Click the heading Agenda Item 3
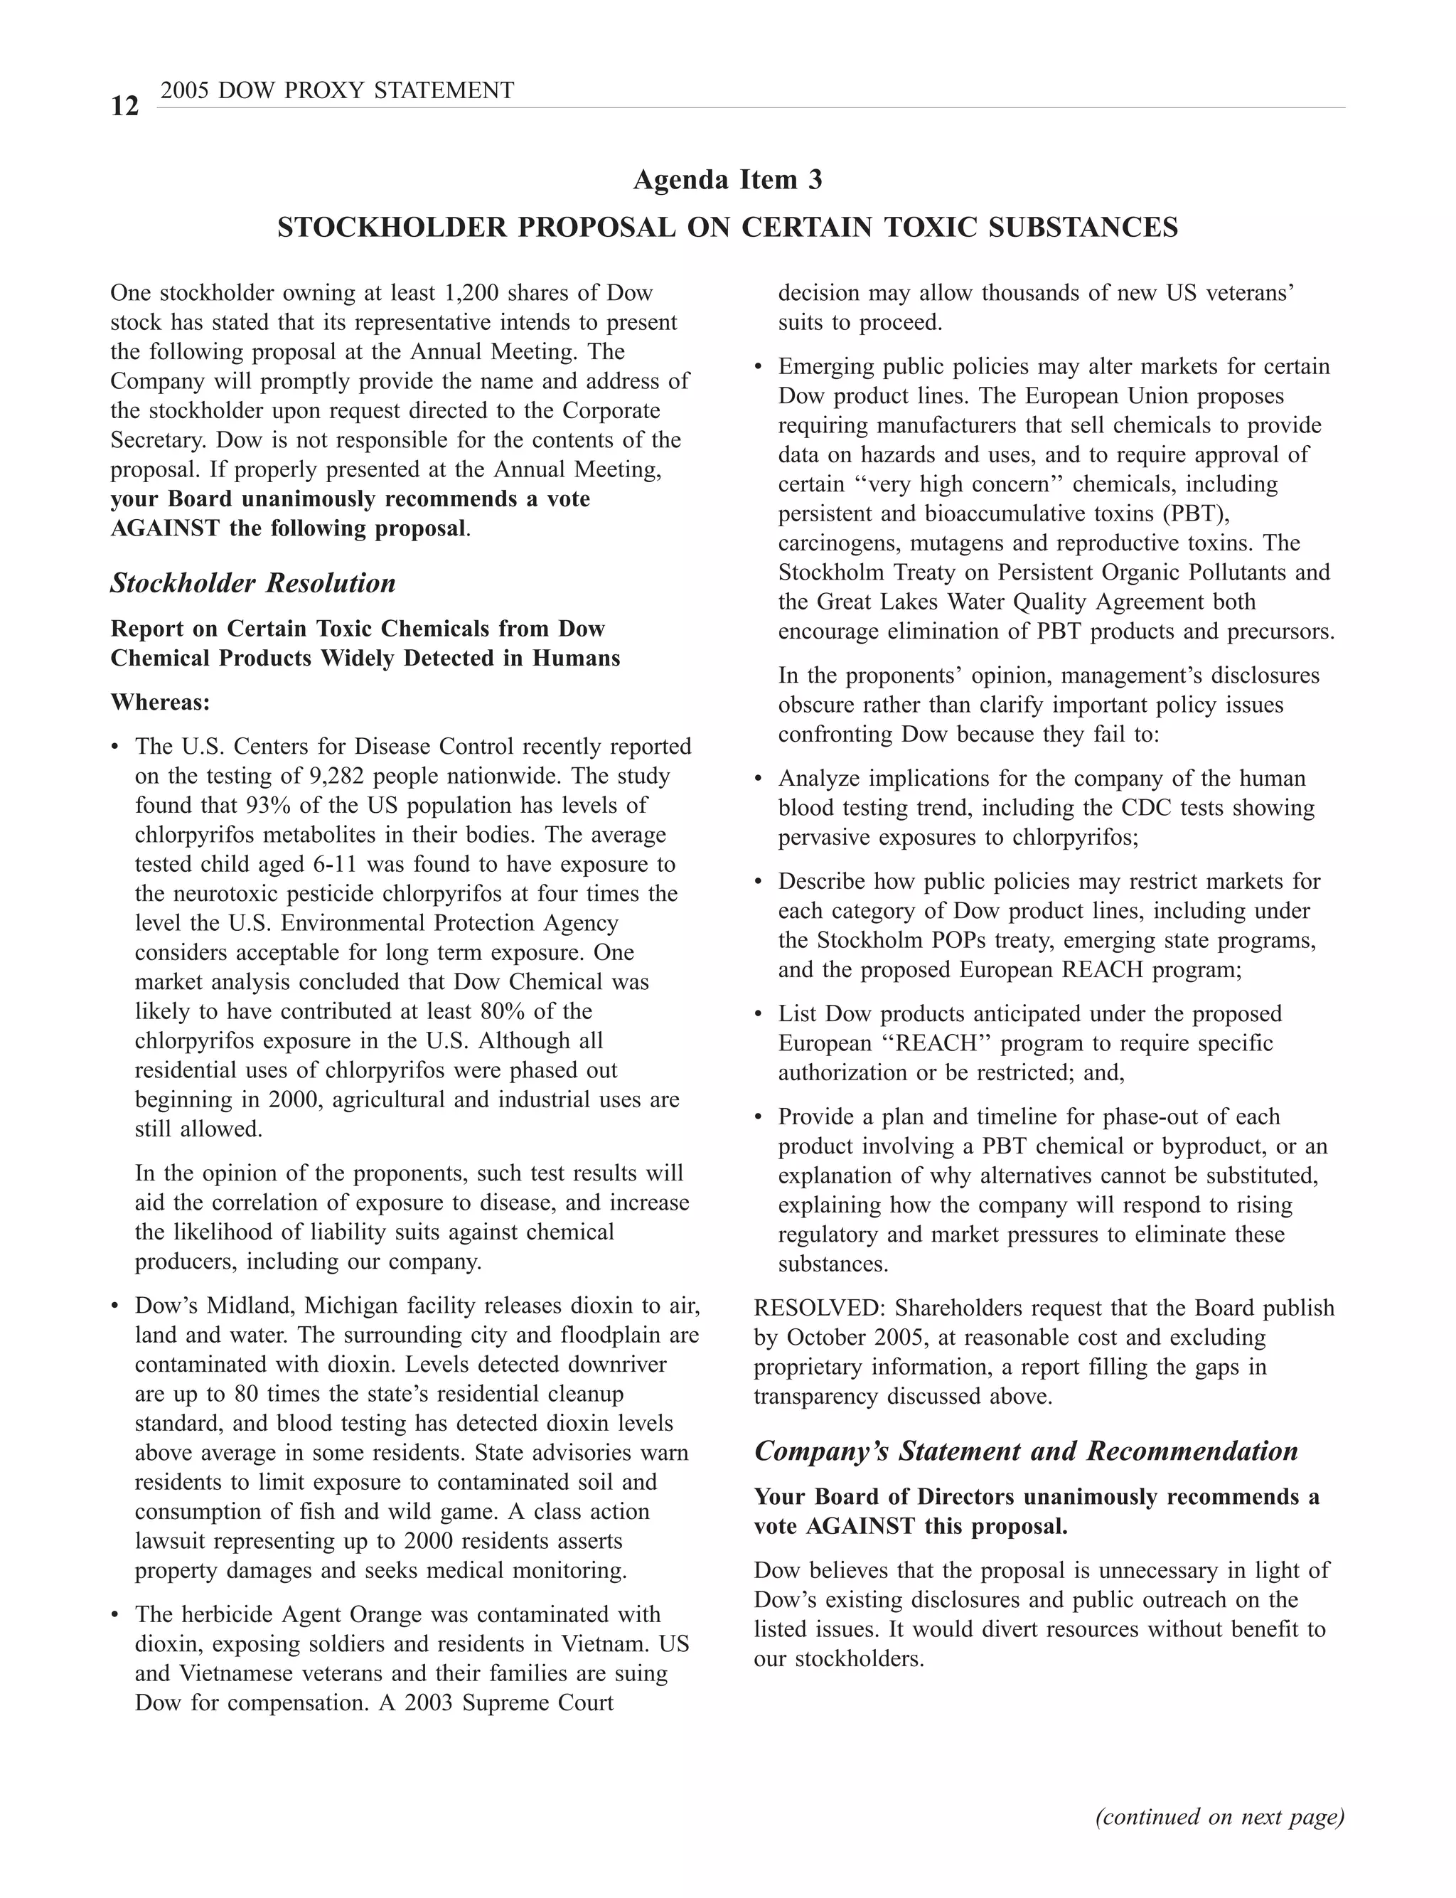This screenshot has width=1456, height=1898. [727, 179]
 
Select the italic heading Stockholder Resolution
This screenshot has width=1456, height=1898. [252, 583]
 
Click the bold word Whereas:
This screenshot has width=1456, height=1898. [161, 702]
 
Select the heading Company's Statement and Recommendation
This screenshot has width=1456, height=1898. [1025, 1451]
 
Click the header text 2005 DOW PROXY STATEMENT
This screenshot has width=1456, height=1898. [337, 90]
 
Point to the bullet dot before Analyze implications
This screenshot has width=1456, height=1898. [759, 779]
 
